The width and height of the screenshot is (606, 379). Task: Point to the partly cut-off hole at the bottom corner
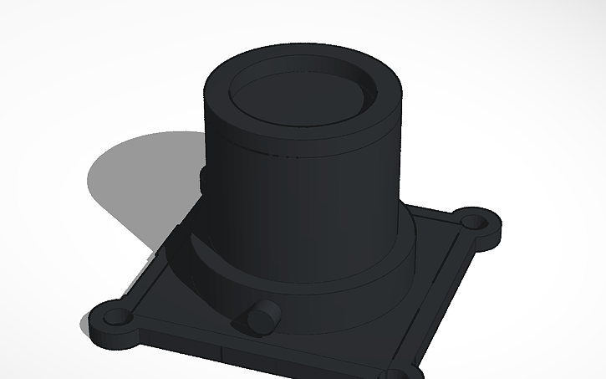[407, 374]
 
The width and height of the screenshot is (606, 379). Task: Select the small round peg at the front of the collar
[262, 316]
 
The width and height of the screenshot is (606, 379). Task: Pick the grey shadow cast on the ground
[125, 184]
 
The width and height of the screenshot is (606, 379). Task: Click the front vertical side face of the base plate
[251, 356]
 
